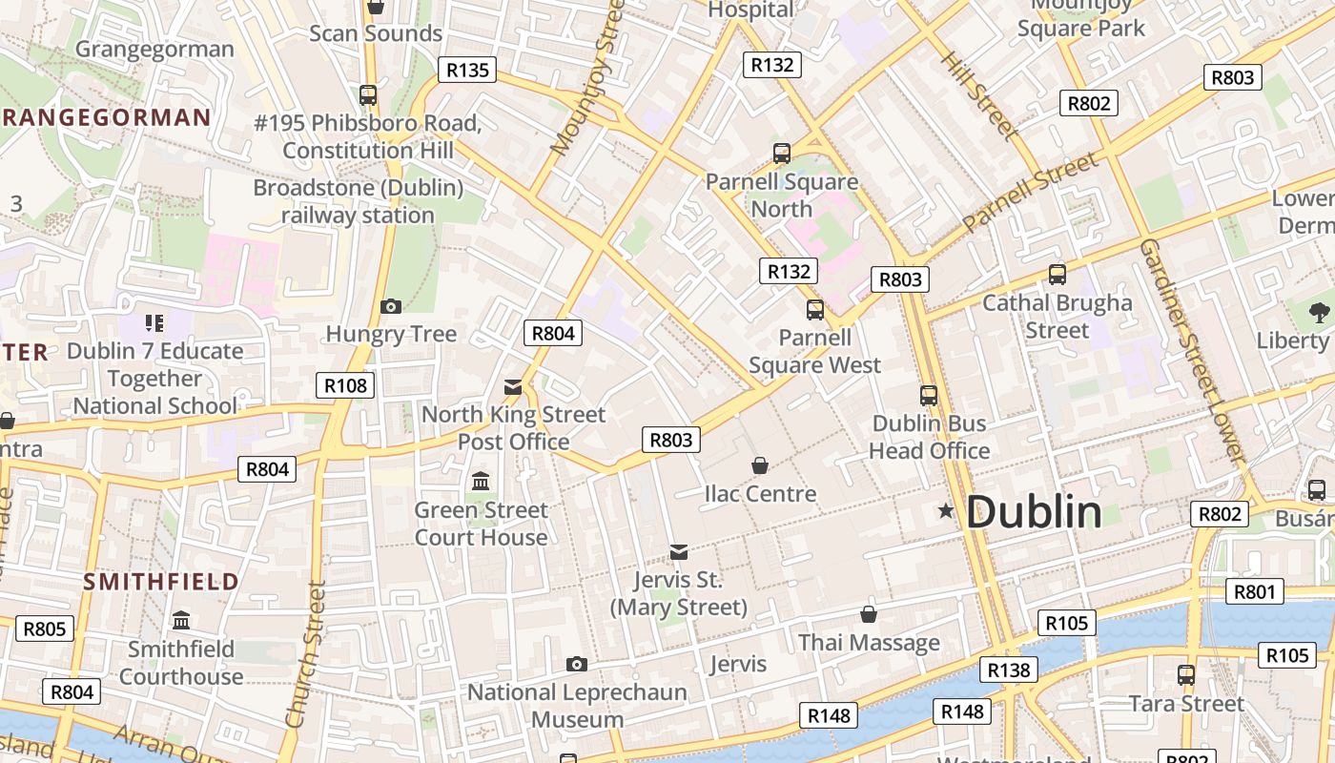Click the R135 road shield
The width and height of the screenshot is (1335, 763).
(467, 70)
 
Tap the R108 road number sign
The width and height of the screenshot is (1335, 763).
(345, 385)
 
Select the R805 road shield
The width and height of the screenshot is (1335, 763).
(44, 629)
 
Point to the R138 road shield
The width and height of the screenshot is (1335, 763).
(1009, 670)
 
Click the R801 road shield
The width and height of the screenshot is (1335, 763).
(1254, 591)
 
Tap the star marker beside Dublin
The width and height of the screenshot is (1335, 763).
(946, 511)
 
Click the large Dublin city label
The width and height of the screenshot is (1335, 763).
(1034, 512)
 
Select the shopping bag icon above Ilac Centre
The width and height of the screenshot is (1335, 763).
(760, 465)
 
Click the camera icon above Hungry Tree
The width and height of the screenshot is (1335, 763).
(390, 306)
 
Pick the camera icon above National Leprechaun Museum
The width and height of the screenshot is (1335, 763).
(576, 664)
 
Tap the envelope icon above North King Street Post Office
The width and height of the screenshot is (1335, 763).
(513, 386)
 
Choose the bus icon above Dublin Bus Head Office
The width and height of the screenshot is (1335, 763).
(929, 395)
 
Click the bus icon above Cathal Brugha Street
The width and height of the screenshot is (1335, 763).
(1057, 275)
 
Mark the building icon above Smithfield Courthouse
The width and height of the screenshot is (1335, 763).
(181, 621)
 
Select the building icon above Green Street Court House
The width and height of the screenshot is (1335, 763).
(481, 481)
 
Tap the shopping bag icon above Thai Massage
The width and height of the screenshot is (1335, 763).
(869, 614)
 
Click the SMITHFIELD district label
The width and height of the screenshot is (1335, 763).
(160, 582)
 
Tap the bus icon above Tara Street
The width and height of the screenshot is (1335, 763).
(1186, 675)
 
